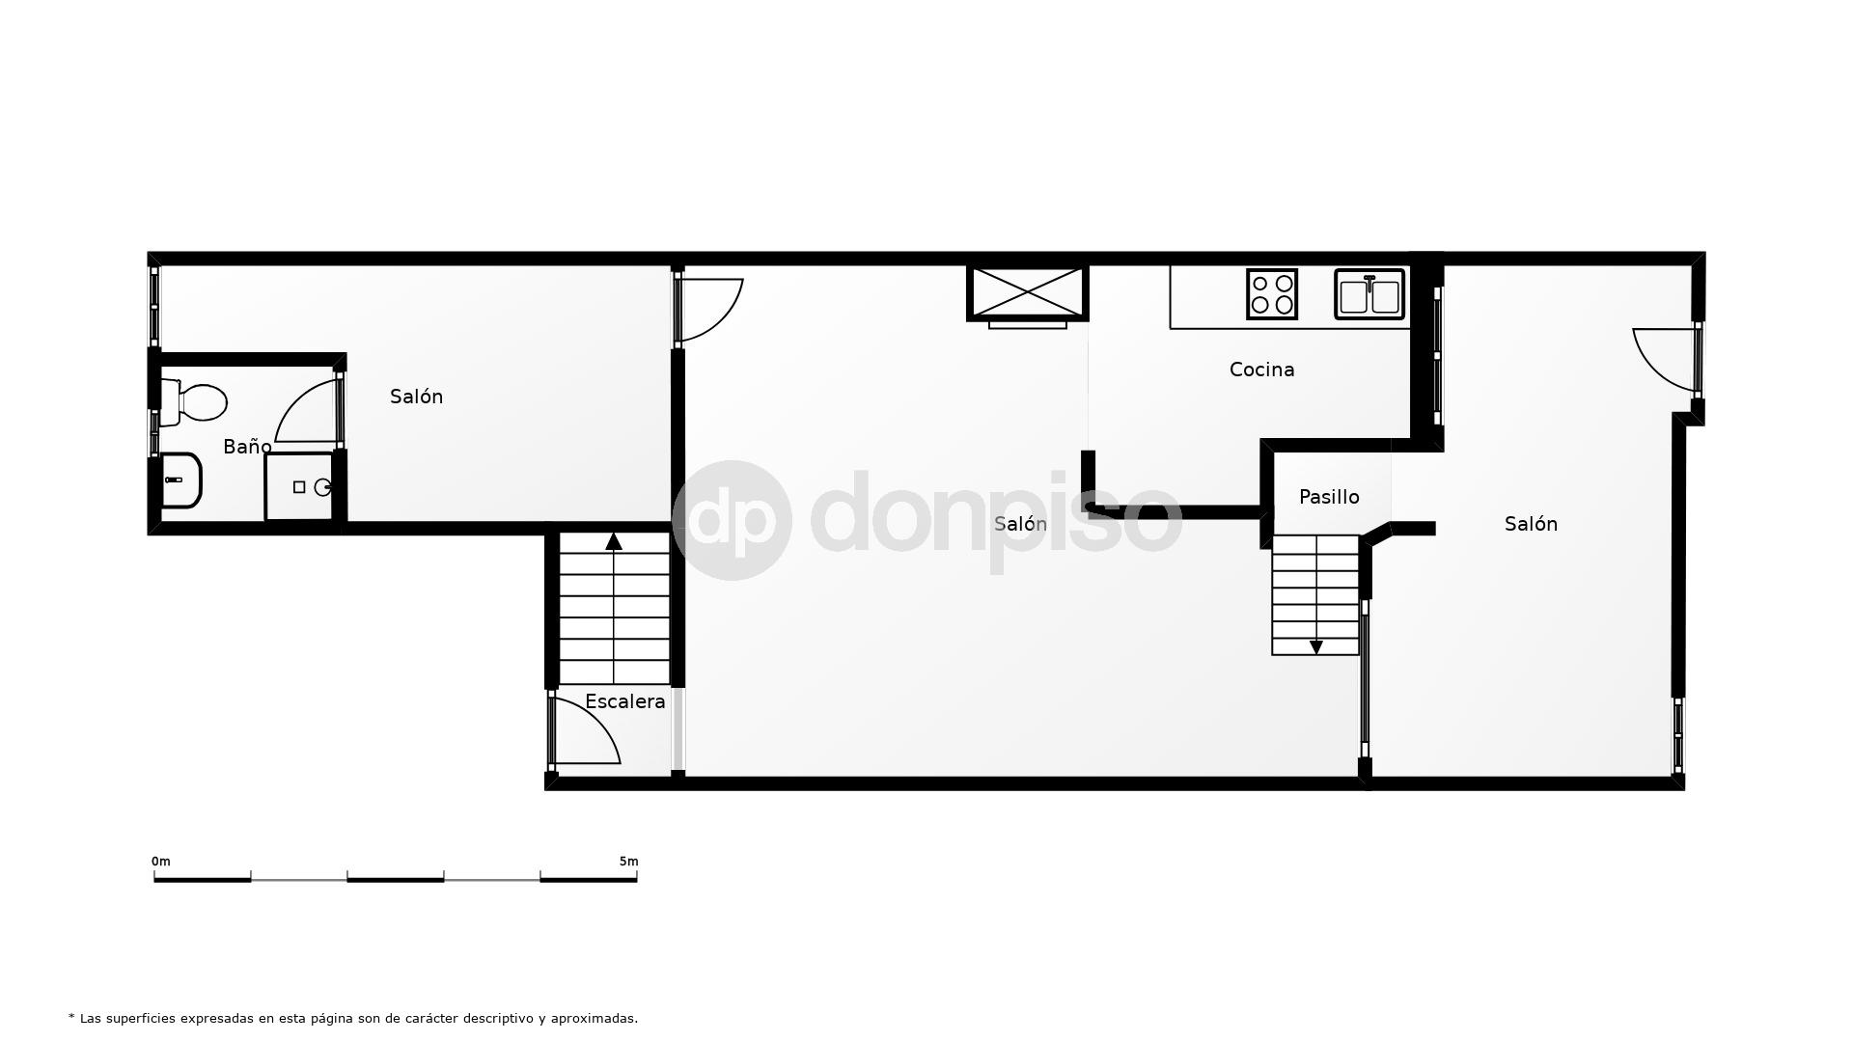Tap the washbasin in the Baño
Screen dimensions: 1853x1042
pos(180,480)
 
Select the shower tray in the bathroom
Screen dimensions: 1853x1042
pos(299,487)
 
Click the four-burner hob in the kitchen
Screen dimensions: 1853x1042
pos(1272,293)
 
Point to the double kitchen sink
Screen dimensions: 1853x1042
pos(1369,294)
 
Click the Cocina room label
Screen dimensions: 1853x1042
pos(1261,370)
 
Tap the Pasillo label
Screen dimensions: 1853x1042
pos(1329,497)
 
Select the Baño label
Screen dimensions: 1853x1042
pos(247,447)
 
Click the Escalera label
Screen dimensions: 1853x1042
pos(625,701)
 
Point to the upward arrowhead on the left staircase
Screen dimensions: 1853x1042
pos(614,541)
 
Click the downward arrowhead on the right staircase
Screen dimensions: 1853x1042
pos(1315,647)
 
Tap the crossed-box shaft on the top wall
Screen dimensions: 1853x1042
pos(1028,293)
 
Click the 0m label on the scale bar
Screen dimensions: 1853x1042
pos(160,862)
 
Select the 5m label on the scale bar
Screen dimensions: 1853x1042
pos(628,862)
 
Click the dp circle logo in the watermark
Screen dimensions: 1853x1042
pos(732,520)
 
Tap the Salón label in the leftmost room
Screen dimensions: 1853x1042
pos(416,397)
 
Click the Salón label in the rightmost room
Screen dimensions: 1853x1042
pos(1531,524)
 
